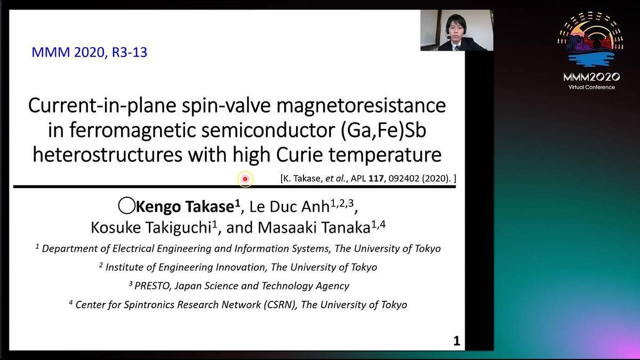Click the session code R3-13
pyautogui.click(x=130, y=52)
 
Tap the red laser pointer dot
pyautogui.click(x=245, y=179)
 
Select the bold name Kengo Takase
pyautogui.click(x=185, y=206)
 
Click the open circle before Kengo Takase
pyautogui.click(x=126, y=205)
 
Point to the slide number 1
pyautogui.click(x=457, y=341)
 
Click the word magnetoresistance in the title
pyautogui.click(x=361, y=106)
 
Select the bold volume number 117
pyautogui.click(x=376, y=178)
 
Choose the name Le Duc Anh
pyautogui.click(x=290, y=206)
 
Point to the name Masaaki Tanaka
pyautogui.click(x=314, y=228)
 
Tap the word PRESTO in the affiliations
pyautogui.click(x=151, y=286)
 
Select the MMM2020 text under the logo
pyautogui.click(x=591, y=77)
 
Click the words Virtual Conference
pyautogui.click(x=591, y=87)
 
